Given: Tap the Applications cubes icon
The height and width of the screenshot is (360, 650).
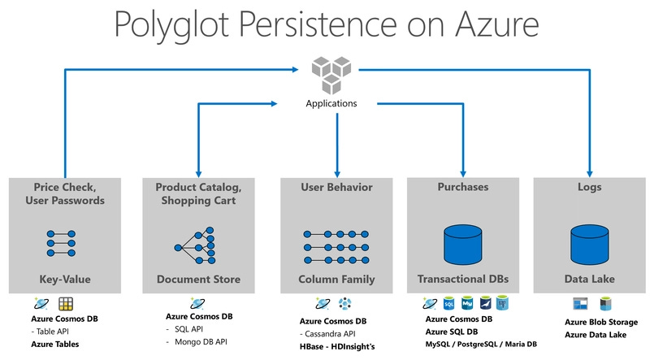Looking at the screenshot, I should [x=331, y=75].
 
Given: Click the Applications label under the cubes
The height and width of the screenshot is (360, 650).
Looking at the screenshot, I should [x=331, y=103].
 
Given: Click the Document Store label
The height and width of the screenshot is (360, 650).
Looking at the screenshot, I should [x=198, y=279].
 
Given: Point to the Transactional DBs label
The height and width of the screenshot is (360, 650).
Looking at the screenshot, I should [x=463, y=279].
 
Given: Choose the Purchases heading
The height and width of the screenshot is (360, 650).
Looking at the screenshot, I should [x=463, y=187].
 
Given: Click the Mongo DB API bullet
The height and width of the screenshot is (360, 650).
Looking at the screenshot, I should [x=204, y=341].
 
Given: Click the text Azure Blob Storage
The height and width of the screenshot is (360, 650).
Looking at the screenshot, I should [x=602, y=322].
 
